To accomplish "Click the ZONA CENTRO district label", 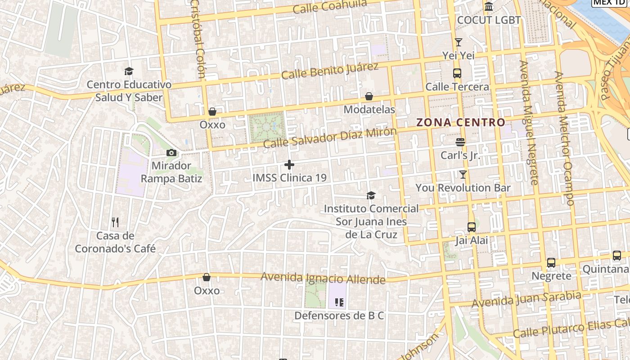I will pyautogui.click(x=461, y=122).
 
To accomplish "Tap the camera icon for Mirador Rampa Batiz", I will pyautogui.click(x=171, y=153).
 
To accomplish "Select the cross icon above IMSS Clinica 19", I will pyautogui.click(x=289, y=165).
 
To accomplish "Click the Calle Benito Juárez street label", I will pyautogui.click(x=330, y=71).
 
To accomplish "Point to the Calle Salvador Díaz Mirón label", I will pyautogui.click(x=330, y=138).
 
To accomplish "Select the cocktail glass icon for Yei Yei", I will pyautogui.click(x=459, y=42).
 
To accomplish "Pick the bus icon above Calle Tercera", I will pyautogui.click(x=457, y=73).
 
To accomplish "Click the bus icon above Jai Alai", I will pyautogui.click(x=472, y=227).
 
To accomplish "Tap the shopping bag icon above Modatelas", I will pyautogui.click(x=369, y=96).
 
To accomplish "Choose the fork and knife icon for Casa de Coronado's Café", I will pyautogui.click(x=115, y=222).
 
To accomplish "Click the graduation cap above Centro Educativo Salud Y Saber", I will pyautogui.click(x=129, y=71).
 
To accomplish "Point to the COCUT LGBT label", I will pyautogui.click(x=489, y=20).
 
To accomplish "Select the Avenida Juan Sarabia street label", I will pyautogui.click(x=526, y=299).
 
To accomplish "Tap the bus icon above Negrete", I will pyautogui.click(x=551, y=263).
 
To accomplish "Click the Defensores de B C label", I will pyautogui.click(x=339, y=315).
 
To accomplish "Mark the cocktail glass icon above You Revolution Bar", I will pyautogui.click(x=463, y=174).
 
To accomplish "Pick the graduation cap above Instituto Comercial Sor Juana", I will pyautogui.click(x=371, y=195).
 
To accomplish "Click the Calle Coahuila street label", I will pyautogui.click(x=330, y=6).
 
